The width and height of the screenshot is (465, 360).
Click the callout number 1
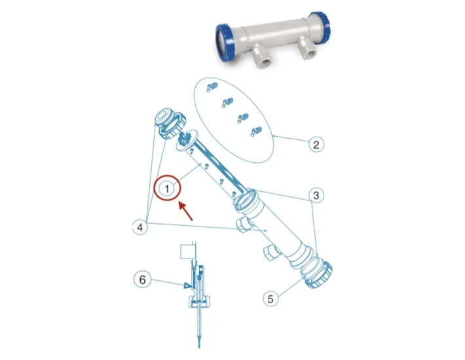click(167, 188)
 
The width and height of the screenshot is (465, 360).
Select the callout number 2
click(316, 145)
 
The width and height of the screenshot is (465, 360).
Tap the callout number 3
click(316, 195)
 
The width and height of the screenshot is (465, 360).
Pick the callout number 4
click(140, 227)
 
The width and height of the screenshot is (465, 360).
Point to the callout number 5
click(270, 298)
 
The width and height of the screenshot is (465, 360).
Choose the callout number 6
click(142, 279)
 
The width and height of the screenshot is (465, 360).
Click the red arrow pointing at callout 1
click(185, 211)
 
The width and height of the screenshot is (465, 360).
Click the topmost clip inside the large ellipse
click(212, 86)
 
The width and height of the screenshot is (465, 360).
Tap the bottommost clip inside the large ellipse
click(256, 132)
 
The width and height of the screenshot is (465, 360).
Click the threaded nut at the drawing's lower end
click(319, 275)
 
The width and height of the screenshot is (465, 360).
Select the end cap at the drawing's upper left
click(170, 122)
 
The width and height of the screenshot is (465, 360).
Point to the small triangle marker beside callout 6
click(187, 285)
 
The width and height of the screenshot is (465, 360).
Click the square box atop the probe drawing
click(187, 251)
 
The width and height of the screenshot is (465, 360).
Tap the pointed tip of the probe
click(198, 348)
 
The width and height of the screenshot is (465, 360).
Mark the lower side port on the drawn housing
click(270, 253)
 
